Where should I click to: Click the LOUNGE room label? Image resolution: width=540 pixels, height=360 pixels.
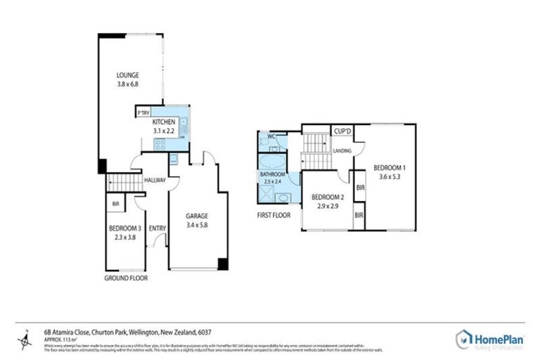point(128,75)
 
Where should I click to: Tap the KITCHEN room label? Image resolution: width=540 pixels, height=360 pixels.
point(163,122)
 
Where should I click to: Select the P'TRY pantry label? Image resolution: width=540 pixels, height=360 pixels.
point(144,112)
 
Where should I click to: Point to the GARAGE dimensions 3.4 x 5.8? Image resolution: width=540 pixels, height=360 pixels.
point(198,225)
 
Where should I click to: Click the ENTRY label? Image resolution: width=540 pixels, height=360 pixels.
point(157,228)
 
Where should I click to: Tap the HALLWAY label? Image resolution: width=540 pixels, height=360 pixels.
point(155,180)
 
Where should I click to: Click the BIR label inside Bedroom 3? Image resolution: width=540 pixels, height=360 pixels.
point(115,205)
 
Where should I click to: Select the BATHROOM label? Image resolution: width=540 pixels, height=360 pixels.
point(272,174)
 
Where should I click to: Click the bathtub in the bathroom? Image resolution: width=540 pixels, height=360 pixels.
point(272,160)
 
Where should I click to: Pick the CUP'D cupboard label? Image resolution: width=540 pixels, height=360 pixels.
point(342,131)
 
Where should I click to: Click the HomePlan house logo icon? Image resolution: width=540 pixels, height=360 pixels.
point(464,338)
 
